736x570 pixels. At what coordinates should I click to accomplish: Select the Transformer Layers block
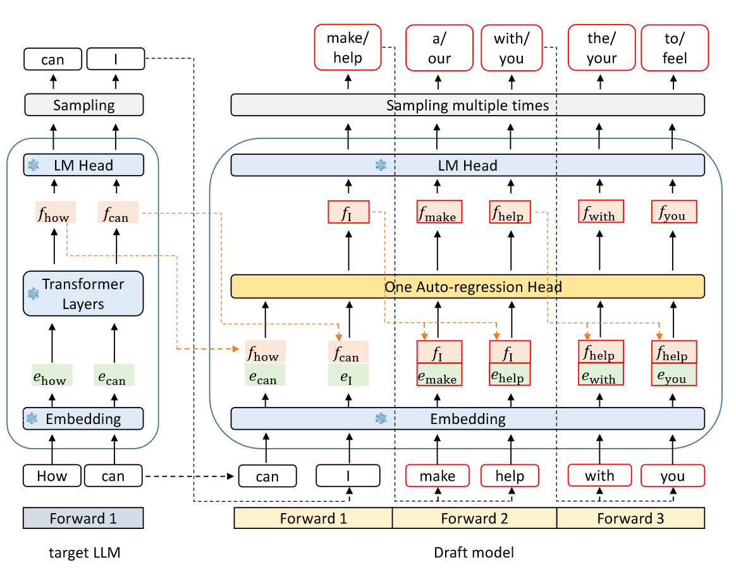(83, 294)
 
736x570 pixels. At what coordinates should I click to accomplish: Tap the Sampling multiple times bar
(467, 105)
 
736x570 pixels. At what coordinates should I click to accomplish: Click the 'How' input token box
(52, 476)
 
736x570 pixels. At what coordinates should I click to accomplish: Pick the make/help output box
(348, 47)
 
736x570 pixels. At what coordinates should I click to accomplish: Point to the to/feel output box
(675, 47)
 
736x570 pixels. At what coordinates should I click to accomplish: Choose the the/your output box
(601, 47)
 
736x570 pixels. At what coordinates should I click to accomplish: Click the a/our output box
(439, 47)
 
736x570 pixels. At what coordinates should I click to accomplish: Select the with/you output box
(511, 47)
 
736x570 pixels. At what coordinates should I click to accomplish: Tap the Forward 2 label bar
(474, 518)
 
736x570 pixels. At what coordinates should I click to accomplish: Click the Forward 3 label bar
(630, 518)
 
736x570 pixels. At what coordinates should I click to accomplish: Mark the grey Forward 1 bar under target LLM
(83, 518)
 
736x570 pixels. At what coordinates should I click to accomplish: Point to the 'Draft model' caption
(474, 552)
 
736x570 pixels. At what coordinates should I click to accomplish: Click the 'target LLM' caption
(85, 553)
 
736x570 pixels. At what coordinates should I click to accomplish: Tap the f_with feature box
(601, 212)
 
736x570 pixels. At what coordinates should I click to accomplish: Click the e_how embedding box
(52, 375)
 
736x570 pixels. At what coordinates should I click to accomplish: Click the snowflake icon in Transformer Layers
(34, 293)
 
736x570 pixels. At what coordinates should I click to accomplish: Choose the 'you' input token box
(673, 476)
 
